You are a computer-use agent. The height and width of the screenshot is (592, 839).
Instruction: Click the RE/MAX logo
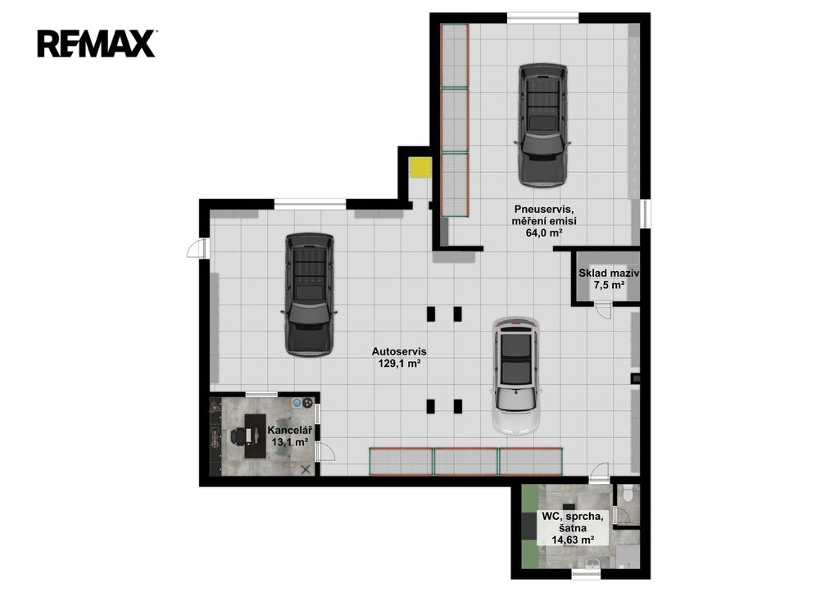click(x=97, y=44)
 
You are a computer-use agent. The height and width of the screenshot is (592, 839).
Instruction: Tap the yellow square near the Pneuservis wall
click(x=420, y=167)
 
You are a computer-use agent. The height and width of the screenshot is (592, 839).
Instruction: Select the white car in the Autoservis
click(x=516, y=376)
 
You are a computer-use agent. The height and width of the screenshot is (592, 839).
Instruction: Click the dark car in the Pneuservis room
click(x=542, y=125)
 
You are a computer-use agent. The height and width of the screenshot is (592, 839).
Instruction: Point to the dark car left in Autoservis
click(x=309, y=294)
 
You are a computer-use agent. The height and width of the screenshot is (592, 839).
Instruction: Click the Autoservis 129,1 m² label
click(x=399, y=358)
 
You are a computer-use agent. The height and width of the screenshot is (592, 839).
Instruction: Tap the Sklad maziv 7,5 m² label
click(x=609, y=278)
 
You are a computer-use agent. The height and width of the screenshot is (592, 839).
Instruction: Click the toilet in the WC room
click(x=628, y=492)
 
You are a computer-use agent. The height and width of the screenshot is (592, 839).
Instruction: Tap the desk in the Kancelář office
click(x=256, y=436)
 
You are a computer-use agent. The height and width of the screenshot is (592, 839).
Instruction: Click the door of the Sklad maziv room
click(x=603, y=310)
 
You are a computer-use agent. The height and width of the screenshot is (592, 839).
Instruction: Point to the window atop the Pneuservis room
click(x=542, y=18)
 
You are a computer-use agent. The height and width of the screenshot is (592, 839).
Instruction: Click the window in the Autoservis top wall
click(x=311, y=204)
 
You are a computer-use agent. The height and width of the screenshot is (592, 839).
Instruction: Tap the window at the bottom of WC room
click(x=587, y=574)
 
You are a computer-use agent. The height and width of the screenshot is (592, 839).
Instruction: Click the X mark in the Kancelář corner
click(x=306, y=469)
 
